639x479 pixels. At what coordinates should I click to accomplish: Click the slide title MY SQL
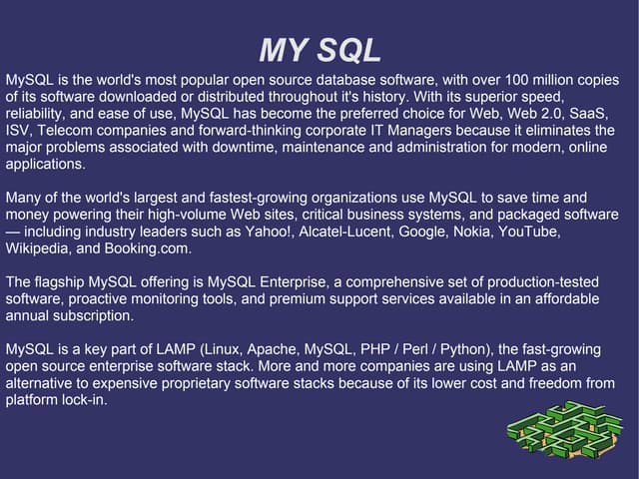tap(319, 50)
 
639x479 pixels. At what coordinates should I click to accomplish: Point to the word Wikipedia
tap(37, 248)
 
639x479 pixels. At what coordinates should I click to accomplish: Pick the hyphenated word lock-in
tap(83, 401)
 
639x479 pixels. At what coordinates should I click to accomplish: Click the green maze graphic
tap(564, 430)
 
